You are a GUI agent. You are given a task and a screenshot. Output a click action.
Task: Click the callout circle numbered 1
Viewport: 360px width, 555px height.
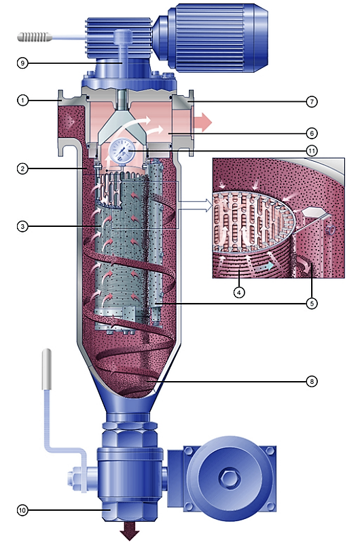click(x=22, y=101)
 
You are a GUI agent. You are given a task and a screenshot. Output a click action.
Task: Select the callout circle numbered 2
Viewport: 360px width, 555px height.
click(x=22, y=168)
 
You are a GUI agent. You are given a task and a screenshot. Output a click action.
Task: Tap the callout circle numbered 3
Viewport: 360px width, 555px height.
click(x=22, y=226)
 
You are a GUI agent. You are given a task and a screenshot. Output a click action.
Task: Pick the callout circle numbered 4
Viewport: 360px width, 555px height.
click(x=239, y=293)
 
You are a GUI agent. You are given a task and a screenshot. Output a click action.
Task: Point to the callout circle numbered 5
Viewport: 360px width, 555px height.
click(x=312, y=304)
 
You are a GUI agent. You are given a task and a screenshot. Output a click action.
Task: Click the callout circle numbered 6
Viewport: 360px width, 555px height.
click(x=312, y=133)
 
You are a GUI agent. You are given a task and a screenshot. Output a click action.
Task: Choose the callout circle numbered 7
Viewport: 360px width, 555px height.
click(x=312, y=102)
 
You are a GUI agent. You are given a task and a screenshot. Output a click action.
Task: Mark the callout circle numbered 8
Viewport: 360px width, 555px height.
click(x=312, y=381)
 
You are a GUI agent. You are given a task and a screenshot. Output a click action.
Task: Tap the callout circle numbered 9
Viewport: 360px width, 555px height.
click(x=22, y=63)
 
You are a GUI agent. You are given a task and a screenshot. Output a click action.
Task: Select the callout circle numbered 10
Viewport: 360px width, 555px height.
click(x=22, y=510)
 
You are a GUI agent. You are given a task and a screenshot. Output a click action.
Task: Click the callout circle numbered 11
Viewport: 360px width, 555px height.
click(x=312, y=151)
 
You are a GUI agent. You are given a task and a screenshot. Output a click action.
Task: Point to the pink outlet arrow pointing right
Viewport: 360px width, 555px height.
click(x=202, y=122)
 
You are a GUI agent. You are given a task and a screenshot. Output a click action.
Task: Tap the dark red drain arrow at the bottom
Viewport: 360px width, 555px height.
click(x=130, y=533)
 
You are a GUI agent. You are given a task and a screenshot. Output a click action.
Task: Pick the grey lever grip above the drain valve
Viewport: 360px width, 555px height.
click(x=47, y=369)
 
